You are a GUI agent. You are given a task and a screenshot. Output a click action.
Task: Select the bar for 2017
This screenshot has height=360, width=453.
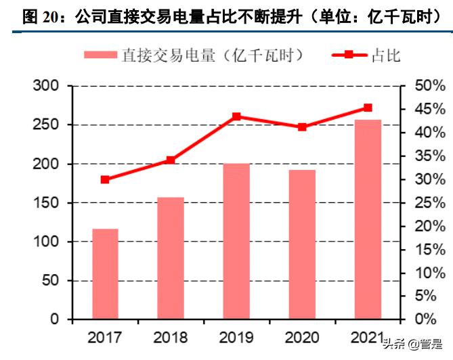click(105, 274)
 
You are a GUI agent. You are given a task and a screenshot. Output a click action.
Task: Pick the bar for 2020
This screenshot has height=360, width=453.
click(302, 244)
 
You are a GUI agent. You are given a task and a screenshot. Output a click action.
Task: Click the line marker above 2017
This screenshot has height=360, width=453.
click(105, 179)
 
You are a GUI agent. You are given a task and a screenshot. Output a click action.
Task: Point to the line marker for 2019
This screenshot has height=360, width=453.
click(236, 116)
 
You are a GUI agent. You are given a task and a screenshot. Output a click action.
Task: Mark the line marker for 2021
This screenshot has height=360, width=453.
click(368, 108)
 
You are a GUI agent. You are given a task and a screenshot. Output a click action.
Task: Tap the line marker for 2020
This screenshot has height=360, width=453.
click(302, 127)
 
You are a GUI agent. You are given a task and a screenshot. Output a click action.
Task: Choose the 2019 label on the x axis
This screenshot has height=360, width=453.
click(236, 337)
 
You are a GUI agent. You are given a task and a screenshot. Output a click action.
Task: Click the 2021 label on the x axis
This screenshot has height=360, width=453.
click(368, 337)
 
